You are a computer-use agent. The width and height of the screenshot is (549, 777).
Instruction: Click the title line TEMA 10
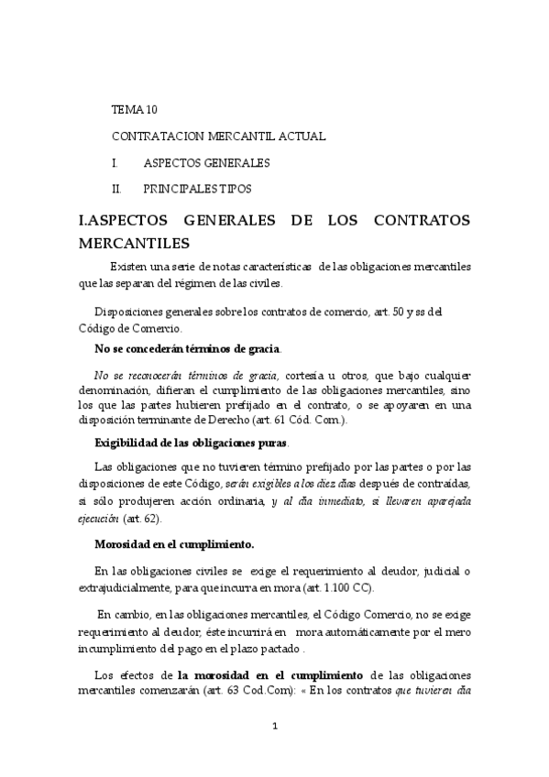135,109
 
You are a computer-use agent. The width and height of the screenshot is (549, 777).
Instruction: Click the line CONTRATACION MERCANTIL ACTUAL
219,136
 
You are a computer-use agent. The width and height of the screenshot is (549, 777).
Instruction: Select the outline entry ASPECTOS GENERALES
206,162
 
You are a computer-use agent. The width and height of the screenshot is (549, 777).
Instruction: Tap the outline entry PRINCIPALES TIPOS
198,189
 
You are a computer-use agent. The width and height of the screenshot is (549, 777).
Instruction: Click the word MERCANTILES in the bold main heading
135,243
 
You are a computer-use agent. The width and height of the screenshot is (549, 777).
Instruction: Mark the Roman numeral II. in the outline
116,189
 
